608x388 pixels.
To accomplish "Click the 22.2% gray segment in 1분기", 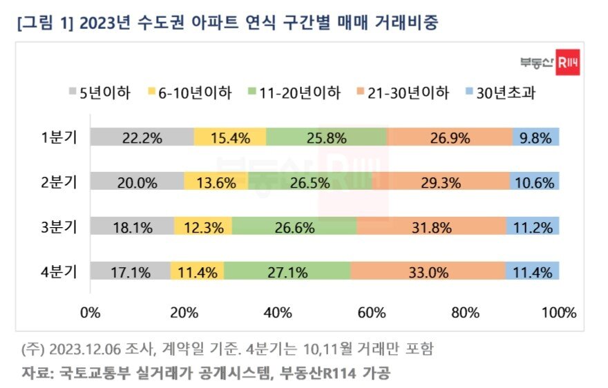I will coord(142,137).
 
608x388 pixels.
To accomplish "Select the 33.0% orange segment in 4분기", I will coord(427,271).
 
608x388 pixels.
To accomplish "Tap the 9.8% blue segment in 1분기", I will coord(536,137).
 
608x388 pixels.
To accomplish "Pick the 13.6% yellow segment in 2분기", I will coord(216,182).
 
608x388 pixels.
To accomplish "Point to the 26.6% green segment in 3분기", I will coord(294,227).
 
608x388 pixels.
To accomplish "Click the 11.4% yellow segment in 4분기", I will coord(197,271).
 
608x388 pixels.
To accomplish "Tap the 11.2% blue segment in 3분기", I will coord(533,227).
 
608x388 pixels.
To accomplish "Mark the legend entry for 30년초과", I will coord(502,93).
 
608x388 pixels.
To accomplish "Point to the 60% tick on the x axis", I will coord(371,312).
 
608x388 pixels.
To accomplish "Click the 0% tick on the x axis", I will coord(91,312).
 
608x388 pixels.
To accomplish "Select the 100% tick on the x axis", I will coord(558,312).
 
